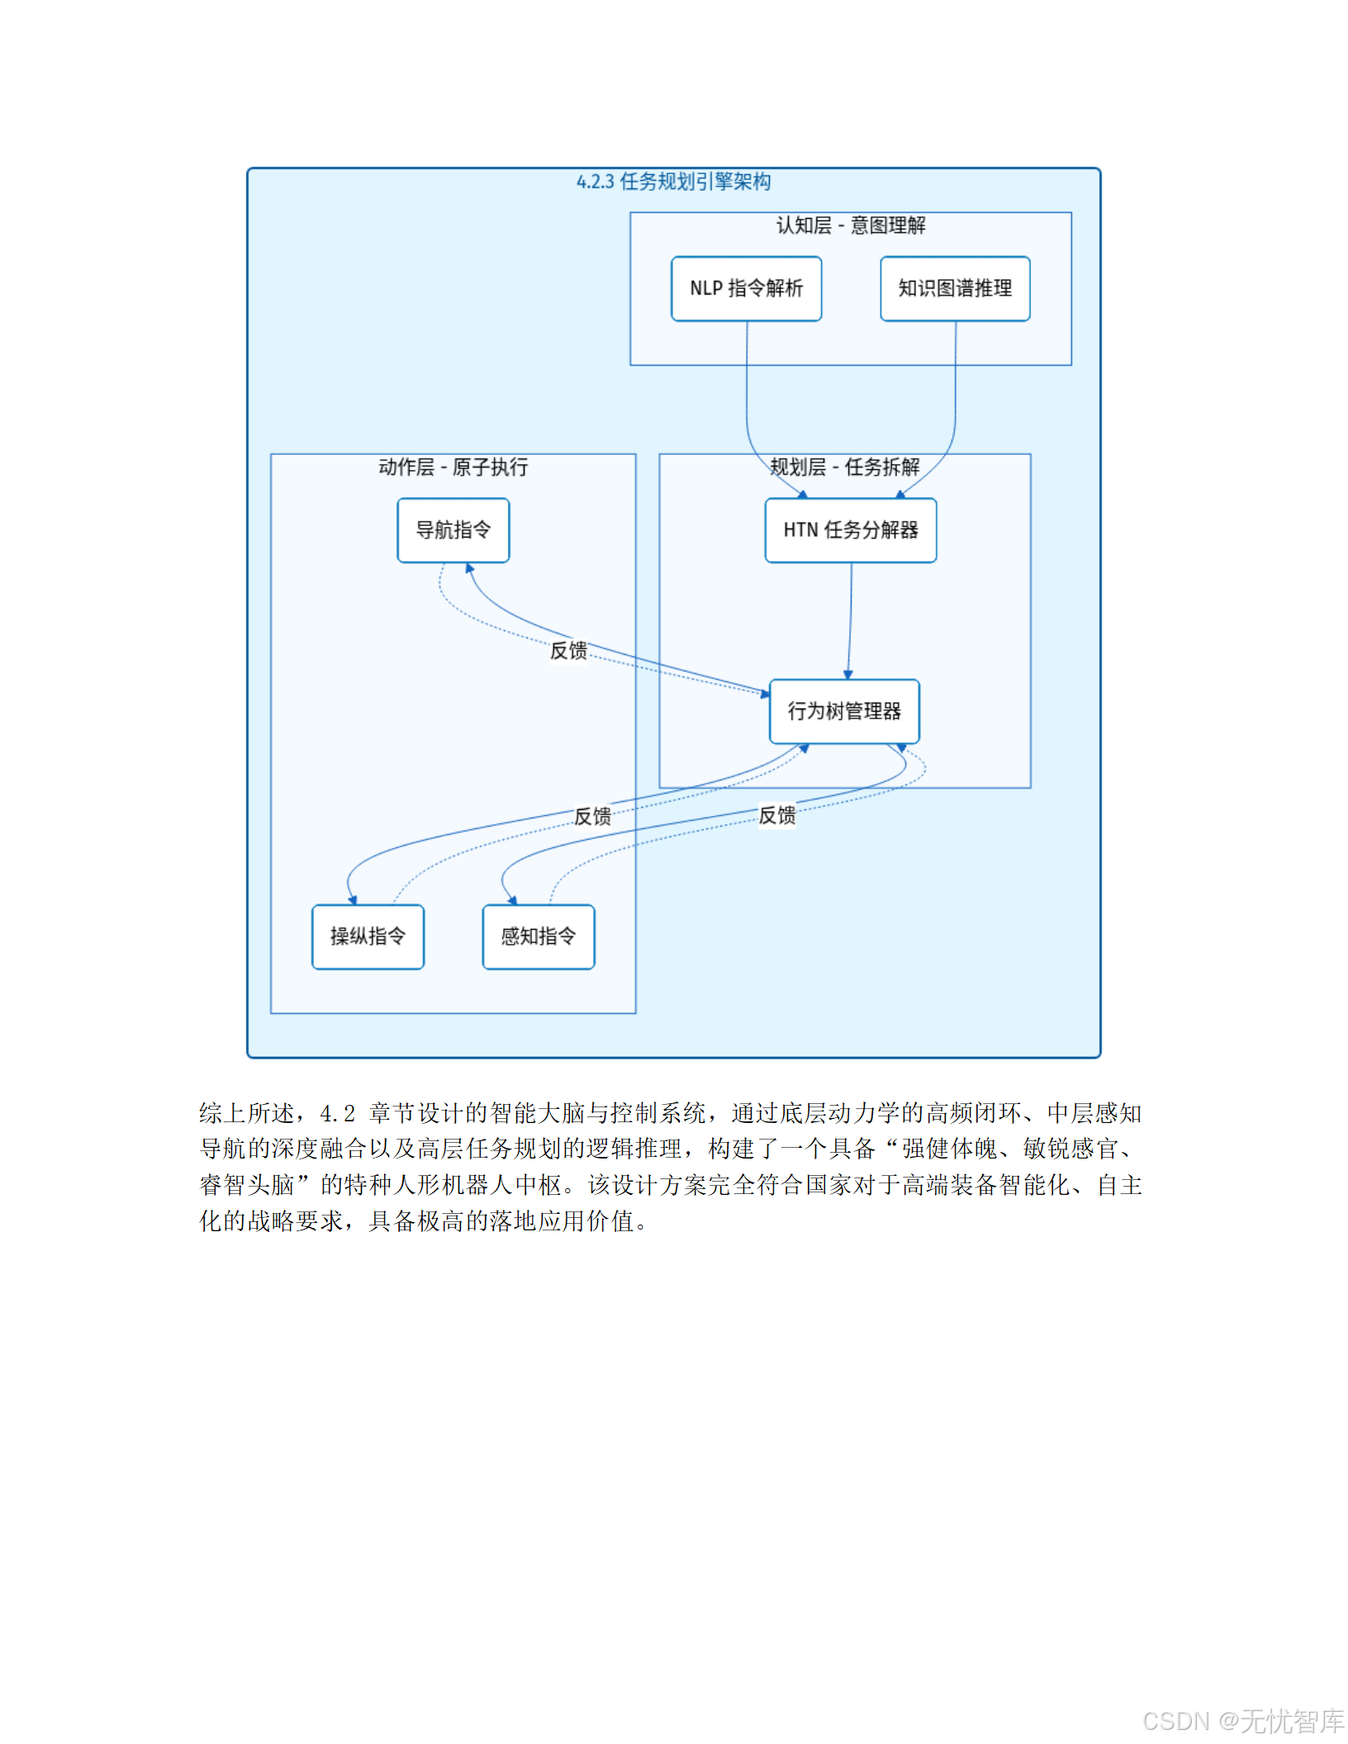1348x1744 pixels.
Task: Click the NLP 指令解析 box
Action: [x=746, y=288]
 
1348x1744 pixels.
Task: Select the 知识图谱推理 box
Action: [x=955, y=288]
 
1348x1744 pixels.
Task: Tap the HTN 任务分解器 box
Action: [x=850, y=530]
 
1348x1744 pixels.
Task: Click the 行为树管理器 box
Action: [x=843, y=711]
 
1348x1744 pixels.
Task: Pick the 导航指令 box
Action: [x=453, y=530]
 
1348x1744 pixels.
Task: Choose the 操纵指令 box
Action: [x=368, y=936]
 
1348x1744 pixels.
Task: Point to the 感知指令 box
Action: [x=538, y=936]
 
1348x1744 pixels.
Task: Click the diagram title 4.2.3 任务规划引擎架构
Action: [x=673, y=182]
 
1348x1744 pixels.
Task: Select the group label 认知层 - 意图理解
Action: [x=850, y=225]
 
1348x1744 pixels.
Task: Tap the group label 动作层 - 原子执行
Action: [x=453, y=467]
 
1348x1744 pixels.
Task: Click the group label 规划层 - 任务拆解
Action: [x=844, y=467]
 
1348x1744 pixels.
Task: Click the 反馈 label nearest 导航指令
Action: [x=568, y=651]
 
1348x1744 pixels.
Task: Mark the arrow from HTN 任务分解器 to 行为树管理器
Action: [x=850, y=619]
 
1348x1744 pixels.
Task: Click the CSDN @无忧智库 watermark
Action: [x=1243, y=1721]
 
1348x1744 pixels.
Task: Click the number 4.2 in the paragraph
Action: [x=337, y=1114]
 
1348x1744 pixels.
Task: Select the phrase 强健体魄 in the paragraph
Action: [x=949, y=1149]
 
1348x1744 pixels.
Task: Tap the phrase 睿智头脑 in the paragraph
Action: [x=247, y=1186]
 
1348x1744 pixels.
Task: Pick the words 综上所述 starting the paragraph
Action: [x=246, y=1114]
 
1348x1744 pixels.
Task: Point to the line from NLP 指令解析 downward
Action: [x=747, y=388]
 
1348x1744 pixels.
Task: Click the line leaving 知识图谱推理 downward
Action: [x=956, y=388]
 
